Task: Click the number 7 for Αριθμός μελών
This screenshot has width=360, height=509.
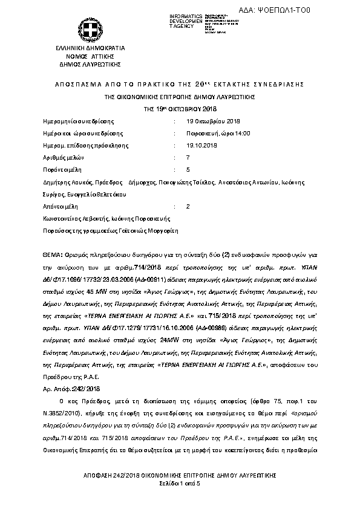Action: pos(188,157)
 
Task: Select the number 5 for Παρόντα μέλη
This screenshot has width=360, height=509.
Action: pos(188,169)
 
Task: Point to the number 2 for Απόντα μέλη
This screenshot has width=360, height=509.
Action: pos(188,206)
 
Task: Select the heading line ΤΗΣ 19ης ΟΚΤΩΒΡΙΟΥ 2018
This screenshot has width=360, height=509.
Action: pos(180,108)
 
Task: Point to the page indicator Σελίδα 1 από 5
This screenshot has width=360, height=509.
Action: pos(180,484)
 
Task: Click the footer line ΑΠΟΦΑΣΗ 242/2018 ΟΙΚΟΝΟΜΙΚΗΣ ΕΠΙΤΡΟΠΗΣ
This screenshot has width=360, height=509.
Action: pos(180,477)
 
